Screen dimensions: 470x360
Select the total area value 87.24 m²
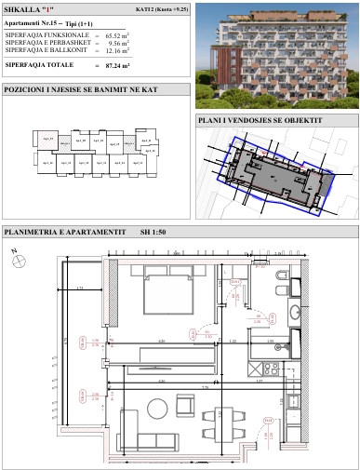click(x=141, y=67)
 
